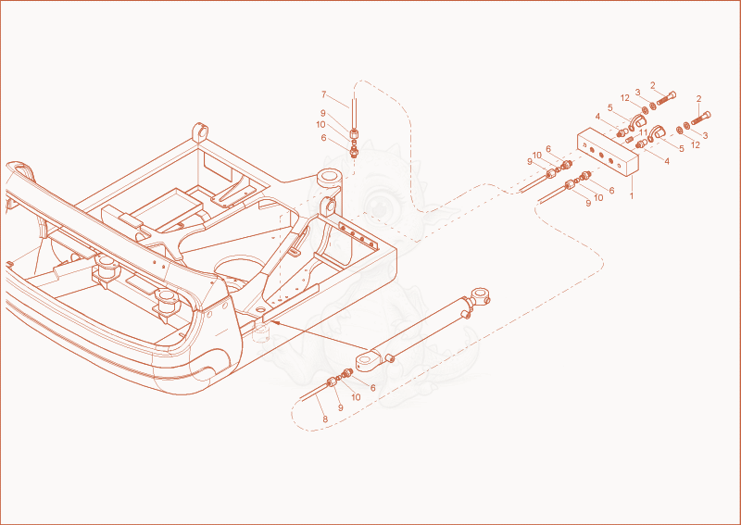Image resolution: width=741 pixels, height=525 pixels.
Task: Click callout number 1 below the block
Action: [x=632, y=195]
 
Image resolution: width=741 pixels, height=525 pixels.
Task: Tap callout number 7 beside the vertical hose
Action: [x=323, y=94]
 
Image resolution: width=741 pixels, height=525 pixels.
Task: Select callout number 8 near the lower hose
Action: [x=325, y=419]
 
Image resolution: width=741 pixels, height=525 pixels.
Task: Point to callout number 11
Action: [x=643, y=131]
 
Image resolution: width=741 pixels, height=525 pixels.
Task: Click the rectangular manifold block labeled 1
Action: [x=608, y=152]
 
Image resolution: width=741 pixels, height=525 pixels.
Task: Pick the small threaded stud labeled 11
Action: [x=630, y=140]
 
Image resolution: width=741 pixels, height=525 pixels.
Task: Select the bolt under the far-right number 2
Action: [x=701, y=118]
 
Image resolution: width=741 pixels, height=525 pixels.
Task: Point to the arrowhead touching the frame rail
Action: [x=275, y=323]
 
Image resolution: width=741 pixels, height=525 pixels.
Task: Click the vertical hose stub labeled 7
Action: [x=354, y=113]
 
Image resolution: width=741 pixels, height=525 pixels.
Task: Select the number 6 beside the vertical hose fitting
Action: [x=323, y=138]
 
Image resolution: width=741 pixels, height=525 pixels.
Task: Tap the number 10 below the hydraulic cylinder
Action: [x=356, y=397]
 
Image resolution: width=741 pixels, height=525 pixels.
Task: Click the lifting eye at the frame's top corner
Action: [x=200, y=132]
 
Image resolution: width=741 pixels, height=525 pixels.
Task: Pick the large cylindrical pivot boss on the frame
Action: [x=330, y=179]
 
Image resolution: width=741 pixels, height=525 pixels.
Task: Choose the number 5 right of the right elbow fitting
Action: [x=682, y=148]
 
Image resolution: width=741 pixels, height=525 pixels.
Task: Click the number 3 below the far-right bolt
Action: [x=705, y=135]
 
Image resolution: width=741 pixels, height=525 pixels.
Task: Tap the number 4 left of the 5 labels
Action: [x=597, y=117]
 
